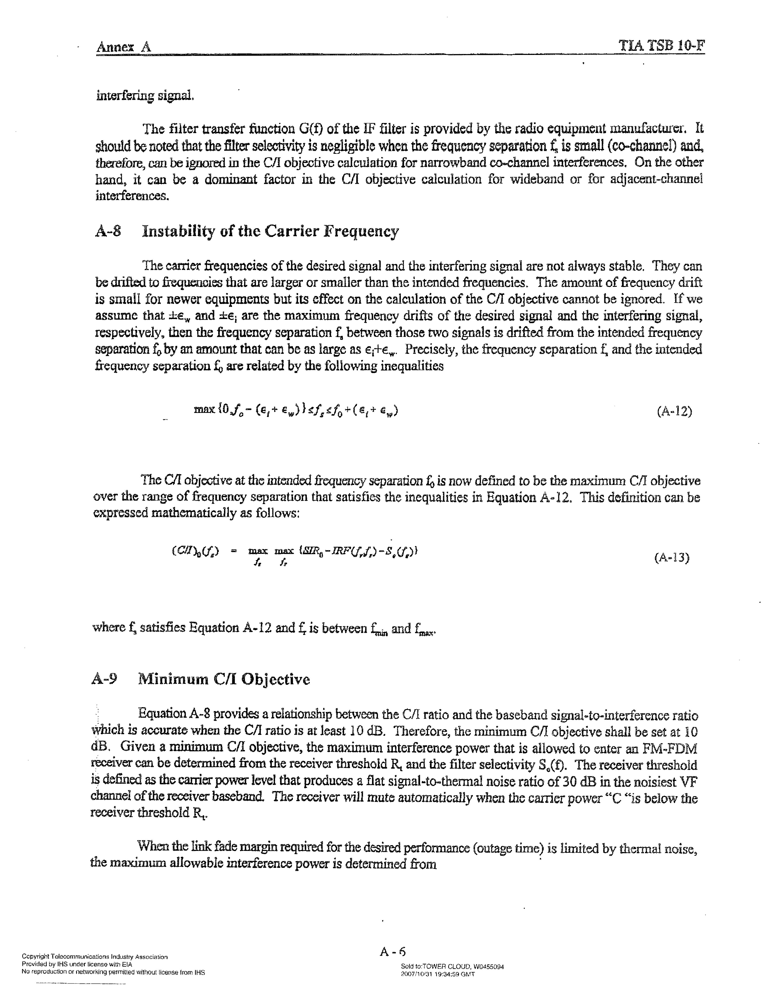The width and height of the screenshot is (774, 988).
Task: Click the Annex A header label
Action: pos(123,47)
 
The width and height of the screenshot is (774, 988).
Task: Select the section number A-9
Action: pos(104,679)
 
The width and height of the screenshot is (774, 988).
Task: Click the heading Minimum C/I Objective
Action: pos(224,679)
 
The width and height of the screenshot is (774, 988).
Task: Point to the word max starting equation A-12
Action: pos(204,410)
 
